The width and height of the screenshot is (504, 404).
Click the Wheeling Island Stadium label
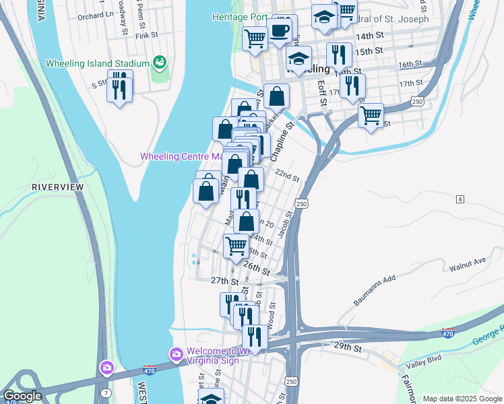point(97,64)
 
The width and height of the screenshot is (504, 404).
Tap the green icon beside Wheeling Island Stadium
point(160,63)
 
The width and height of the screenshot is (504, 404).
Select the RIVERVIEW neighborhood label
point(57,187)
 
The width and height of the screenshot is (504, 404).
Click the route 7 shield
point(106,392)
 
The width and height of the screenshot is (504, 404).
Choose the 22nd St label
point(286,176)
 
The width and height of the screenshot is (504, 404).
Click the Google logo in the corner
point(22,396)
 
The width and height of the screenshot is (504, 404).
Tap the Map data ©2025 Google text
point(462,399)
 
